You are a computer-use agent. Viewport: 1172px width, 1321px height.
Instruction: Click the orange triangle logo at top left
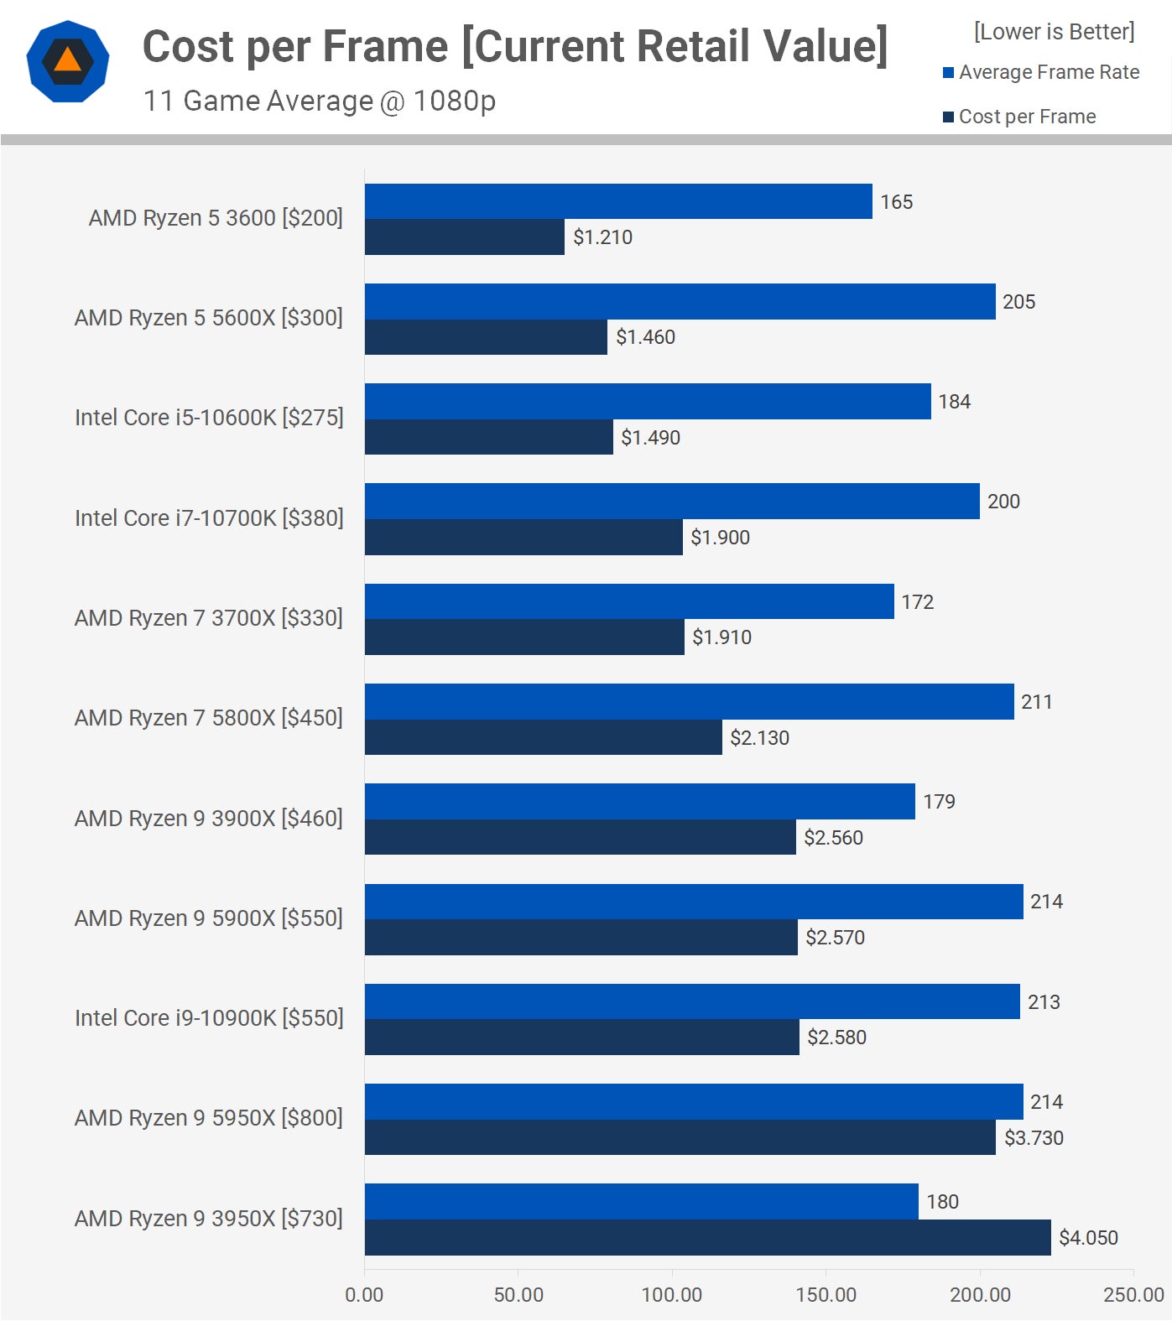pos(67,61)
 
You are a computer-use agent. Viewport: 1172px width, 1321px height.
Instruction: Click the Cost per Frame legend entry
pos(1026,117)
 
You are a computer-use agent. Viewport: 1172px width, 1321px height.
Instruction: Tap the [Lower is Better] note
pos(1054,32)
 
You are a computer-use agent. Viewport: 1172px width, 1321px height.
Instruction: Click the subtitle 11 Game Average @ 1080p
pos(319,101)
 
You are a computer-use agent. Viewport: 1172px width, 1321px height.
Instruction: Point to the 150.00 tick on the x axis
pos(826,1294)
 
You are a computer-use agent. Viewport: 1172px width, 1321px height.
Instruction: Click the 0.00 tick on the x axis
pos(364,1294)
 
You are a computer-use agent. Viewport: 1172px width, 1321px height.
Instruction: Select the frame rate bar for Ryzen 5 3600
pos(618,201)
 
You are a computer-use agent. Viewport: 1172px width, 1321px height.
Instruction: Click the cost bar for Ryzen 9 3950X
pos(707,1237)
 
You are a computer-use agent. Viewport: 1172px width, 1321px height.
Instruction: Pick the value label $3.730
pos(1034,1138)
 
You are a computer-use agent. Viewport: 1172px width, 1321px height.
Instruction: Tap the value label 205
pos(1018,302)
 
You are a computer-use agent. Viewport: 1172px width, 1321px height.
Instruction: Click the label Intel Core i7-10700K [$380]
pos(209,518)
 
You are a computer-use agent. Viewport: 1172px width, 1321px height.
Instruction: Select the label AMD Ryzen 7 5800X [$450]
pos(208,718)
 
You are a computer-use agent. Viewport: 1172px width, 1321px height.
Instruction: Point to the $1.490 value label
pos(650,438)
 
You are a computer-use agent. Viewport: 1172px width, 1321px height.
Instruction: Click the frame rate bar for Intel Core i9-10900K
pos(692,1001)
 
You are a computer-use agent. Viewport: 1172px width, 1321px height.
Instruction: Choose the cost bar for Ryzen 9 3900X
pos(580,837)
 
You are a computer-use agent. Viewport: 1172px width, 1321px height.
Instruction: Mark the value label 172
pos(917,602)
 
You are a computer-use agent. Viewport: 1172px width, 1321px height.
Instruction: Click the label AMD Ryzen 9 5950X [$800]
pos(208,1118)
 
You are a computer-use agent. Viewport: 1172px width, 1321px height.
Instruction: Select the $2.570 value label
pos(835,938)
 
